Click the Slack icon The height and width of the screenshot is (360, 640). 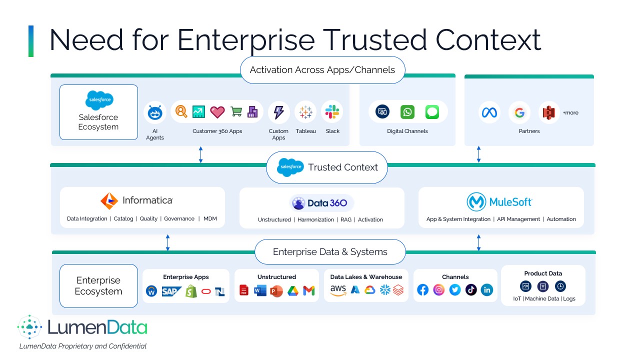pyautogui.click(x=332, y=112)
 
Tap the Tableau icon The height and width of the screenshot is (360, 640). pyautogui.click(x=305, y=112)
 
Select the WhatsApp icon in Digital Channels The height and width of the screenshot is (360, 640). pyautogui.click(x=407, y=112)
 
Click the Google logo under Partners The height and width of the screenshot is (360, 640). pyautogui.click(x=519, y=112)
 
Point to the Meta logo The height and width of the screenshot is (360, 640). pyautogui.click(x=489, y=112)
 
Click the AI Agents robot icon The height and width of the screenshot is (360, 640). pyautogui.click(x=155, y=113)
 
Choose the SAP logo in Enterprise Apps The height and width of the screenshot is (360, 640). pyautogui.click(x=171, y=291)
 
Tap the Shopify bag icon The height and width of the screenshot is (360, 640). pyautogui.click(x=191, y=291)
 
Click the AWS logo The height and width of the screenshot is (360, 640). pyautogui.click(x=338, y=290)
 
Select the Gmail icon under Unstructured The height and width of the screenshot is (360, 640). pyautogui.click(x=309, y=290)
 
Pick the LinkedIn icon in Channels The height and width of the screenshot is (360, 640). pyautogui.click(x=486, y=289)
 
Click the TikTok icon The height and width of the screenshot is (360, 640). pyautogui.click(x=471, y=289)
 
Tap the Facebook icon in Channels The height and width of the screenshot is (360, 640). pyautogui.click(x=423, y=289)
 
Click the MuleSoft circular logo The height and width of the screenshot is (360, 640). pyautogui.click(x=476, y=202)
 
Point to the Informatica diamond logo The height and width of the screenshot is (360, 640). pyautogui.click(x=109, y=200)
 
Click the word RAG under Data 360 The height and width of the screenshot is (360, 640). pyautogui.click(x=346, y=219)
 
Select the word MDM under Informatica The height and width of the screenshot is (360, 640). pyautogui.click(x=210, y=218)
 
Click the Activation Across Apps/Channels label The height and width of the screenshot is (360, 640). pyautogui.click(x=322, y=70)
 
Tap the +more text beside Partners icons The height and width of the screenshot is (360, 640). pyautogui.click(x=570, y=113)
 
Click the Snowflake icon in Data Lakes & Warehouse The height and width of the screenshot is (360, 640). pyautogui.click(x=384, y=289)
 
